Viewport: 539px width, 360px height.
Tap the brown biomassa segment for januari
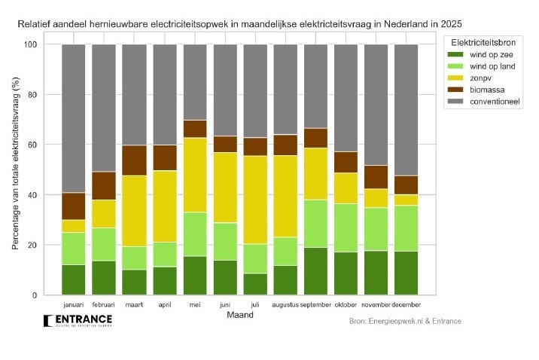point(73,206)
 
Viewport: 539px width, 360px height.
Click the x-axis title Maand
point(239,316)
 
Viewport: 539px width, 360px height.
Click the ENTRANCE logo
point(78,322)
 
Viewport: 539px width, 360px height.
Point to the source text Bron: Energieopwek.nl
point(405,322)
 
